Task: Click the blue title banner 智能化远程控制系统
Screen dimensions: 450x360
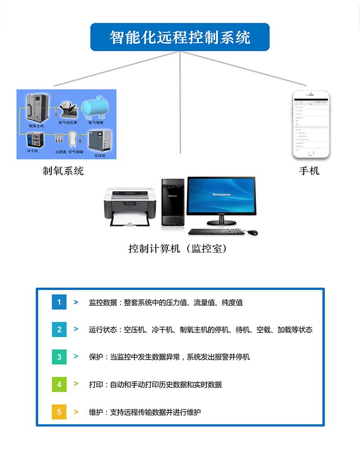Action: click(180, 37)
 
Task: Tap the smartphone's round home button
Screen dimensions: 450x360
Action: click(311, 153)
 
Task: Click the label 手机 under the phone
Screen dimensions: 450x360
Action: click(309, 171)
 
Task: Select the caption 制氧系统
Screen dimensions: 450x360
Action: click(63, 171)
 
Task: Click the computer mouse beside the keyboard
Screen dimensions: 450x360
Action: click(252, 232)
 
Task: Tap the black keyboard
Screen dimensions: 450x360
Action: click(216, 231)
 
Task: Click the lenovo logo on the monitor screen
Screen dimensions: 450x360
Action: click(221, 194)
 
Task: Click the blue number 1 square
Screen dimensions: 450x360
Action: click(59, 302)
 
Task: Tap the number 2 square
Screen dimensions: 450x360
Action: click(59, 329)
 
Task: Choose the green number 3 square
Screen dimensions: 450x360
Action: click(59, 357)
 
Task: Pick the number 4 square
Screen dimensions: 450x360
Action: click(59, 384)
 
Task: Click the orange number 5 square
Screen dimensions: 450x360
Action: click(59, 412)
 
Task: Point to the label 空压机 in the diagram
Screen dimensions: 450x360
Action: click(99, 155)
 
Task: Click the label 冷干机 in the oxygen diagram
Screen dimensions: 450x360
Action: click(32, 151)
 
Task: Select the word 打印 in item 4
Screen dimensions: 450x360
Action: click(96, 385)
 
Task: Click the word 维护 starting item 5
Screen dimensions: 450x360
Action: click(96, 412)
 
